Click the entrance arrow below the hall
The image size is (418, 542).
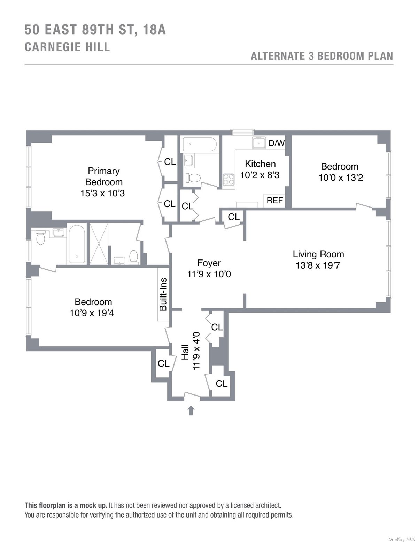pos(191,410)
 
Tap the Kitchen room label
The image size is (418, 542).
pos(260,164)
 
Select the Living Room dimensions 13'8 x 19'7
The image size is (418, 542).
pos(318,265)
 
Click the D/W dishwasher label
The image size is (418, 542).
pos(277,143)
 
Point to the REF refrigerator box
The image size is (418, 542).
pos(274,200)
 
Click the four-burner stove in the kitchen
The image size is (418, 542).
pos(229,179)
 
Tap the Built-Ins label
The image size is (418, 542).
pos(163,294)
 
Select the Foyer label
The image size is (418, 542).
pos(209,263)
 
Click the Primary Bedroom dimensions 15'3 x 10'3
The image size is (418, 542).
pos(102,193)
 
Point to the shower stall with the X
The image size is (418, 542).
pos(99,243)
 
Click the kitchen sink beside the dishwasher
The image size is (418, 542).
pos(259,143)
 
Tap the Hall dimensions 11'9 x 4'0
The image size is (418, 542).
pos(196,351)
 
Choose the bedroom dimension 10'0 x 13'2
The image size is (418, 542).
pos(341,178)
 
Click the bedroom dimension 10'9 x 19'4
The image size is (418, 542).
pos(92,313)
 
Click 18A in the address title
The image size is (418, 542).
pos(154,30)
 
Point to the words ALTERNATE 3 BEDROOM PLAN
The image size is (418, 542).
pos(322,56)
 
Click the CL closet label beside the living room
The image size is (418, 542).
pos(234,217)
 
